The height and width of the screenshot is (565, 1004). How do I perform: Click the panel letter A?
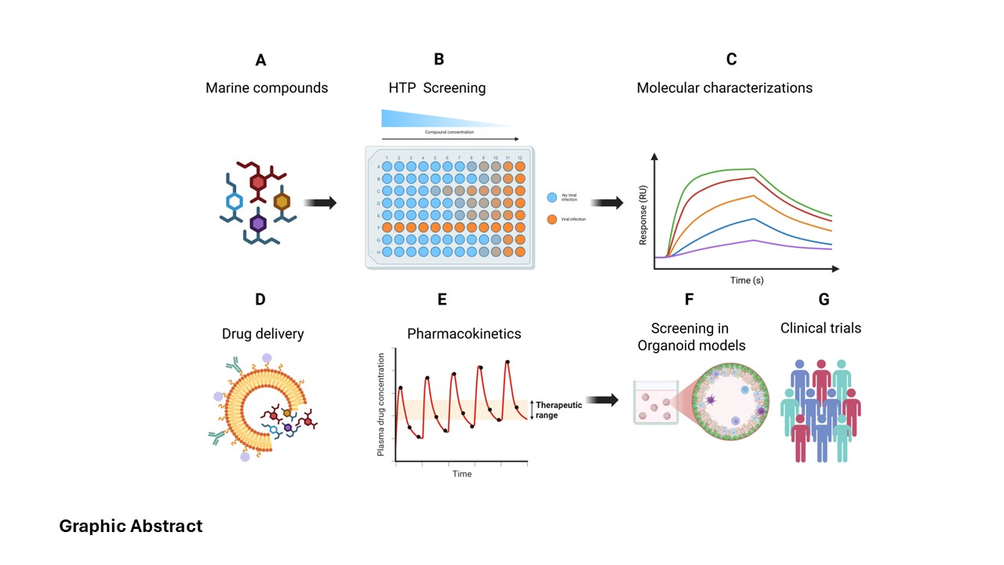(x=260, y=60)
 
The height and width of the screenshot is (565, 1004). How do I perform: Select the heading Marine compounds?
(x=267, y=88)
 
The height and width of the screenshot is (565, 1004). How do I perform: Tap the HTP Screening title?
(x=437, y=88)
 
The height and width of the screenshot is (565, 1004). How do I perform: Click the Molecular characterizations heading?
(x=724, y=88)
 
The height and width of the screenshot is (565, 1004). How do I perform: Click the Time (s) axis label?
(x=747, y=280)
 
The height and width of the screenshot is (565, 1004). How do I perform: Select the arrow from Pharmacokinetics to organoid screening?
(x=602, y=400)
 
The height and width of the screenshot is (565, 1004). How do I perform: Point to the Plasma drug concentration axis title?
(x=382, y=405)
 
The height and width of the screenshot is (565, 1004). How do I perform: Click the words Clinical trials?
(x=820, y=328)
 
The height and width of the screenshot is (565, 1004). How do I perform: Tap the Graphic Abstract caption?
(x=131, y=526)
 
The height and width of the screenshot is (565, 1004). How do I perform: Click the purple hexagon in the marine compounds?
(x=257, y=224)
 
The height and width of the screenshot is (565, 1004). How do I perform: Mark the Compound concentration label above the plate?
(x=449, y=133)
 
